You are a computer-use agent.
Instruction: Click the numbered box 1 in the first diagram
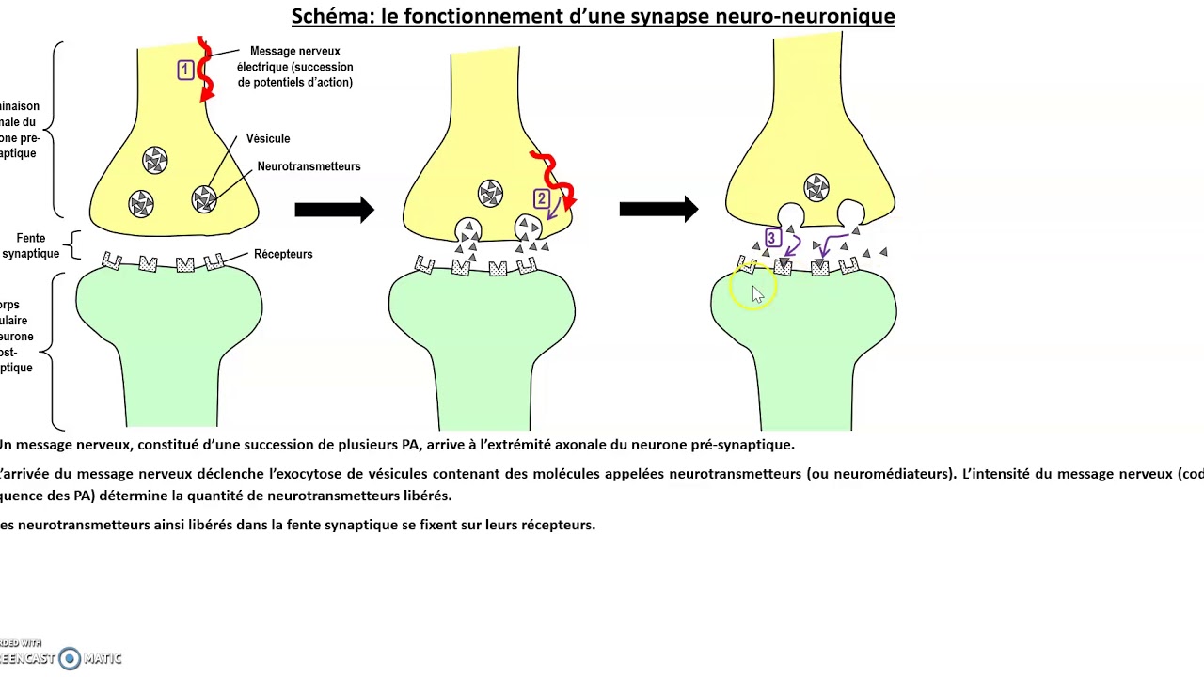point(185,70)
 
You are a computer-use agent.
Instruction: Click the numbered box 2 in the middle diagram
point(541,199)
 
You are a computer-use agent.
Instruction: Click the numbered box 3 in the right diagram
point(772,238)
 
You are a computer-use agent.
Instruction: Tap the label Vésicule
point(268,138)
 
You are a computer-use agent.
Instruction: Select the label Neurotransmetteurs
point(309,166)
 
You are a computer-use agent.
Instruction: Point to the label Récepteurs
point(283,254)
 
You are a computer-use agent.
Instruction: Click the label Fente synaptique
point(30,246)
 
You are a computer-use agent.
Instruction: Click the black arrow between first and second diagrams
point(334,210)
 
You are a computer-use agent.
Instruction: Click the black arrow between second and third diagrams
point(658,210)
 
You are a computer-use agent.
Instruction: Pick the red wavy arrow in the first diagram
point(205,71)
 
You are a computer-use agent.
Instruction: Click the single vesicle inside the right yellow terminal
point(816,187)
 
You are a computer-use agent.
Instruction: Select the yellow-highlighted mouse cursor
point(756,292)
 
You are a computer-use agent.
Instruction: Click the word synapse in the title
point(653,16)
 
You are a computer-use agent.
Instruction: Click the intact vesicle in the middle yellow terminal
point(490,194)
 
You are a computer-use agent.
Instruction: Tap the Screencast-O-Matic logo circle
point(70,658)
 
